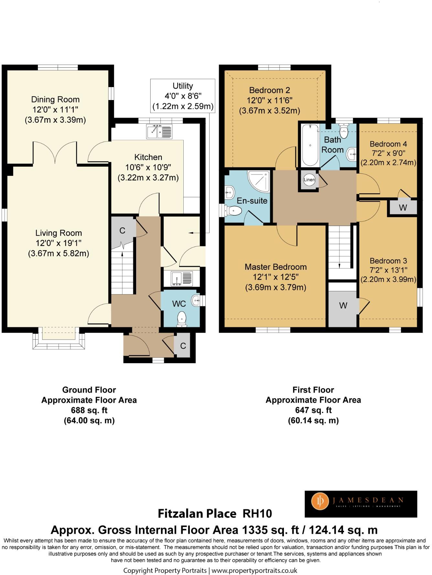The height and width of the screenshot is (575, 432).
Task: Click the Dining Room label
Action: (x=55, y=100)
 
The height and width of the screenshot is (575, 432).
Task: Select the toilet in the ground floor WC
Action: (x=182, y=319)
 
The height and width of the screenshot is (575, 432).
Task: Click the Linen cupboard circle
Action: (x=309, y=180)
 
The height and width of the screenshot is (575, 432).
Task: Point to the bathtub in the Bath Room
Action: (x=310, y=145)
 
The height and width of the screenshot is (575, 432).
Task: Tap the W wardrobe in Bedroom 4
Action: (x=403, y=207)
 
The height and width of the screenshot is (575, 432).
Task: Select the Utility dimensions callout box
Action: (x=183, y=96)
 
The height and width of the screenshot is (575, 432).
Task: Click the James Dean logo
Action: (x=361, y=504)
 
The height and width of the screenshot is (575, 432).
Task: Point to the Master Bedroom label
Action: (x=275, y=267)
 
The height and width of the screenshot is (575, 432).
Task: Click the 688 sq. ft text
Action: (x=89, y=410)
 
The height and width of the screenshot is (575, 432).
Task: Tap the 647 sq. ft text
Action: (x=313, y=410)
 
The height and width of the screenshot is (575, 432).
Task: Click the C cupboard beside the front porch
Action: (x=183, y=346)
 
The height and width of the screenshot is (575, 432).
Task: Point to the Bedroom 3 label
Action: (x=388, y=261)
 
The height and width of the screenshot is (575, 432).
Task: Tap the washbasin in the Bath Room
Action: (x=351, y=154)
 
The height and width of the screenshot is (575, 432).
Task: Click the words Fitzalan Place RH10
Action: (x=215, y=513)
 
